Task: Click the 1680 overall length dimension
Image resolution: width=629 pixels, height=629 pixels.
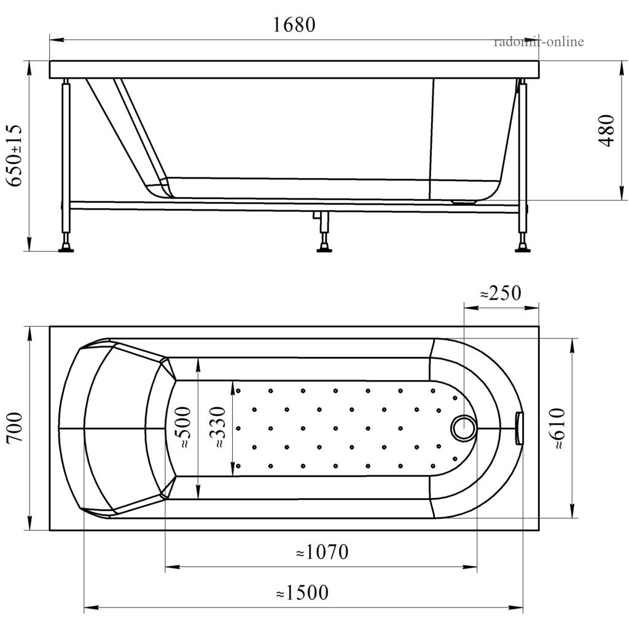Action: click(x=294, y=25)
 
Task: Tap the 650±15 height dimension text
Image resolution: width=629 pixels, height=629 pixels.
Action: click(x=15, y=155)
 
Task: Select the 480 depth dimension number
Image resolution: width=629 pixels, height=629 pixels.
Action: click(x=606, y=130)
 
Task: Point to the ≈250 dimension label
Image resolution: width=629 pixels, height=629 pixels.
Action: click(x=501, y=293)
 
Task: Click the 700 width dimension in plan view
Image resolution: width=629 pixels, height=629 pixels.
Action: click(x=15, y=428)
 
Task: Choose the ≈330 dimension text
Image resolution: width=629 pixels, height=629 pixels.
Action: click(x=218, y=428)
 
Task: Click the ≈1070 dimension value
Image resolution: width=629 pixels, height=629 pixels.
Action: click(x=322, y=552)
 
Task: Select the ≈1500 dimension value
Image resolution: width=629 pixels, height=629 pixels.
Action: click(x=302, y=593)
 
